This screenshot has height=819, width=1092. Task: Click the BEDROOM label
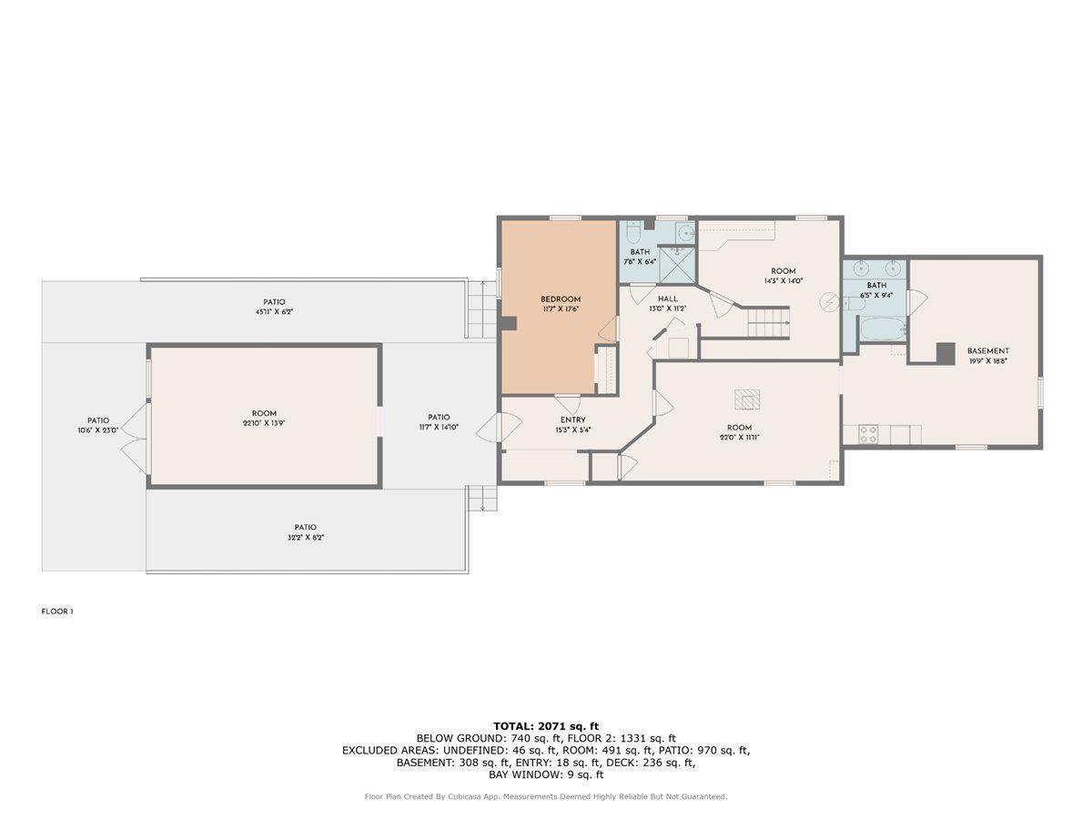pyautogui.click(x=560, y=299)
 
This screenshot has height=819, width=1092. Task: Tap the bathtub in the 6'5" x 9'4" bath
pyautogui.click(x=882, y=329)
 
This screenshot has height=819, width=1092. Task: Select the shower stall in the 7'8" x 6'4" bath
pyautogui.click(x=675, y=264)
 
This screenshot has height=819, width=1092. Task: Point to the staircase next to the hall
pyautogui.click(x=769, y=321)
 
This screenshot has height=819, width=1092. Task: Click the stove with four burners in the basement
pyautogui.click(x=868, y=435)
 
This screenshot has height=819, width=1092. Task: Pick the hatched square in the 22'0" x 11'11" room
pyautogui.click(x=747, y=399)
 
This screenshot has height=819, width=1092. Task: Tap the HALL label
pyautogui.click(x=668, y=298)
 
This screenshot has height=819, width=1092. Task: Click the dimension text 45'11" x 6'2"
pyautogui.click(x=274, y=312)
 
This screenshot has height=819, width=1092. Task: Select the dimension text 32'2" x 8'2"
pyautogui.click(x=305, y=538)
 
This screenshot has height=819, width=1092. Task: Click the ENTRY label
pyautogui.click(x=572, y=420)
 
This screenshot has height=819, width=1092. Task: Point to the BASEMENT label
pyautogui.click(x=987, y=351)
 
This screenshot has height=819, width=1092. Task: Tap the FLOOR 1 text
pyautogui.click(x=56, y=612)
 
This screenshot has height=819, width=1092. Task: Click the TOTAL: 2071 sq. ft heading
pyautogui.click(x=546, y=725)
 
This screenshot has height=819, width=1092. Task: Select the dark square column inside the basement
pyautogui.click(x=945, y=352)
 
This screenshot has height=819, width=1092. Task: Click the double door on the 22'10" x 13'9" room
pyautogui.click(x=135, y=439)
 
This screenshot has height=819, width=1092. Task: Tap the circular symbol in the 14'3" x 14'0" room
pyautogui.click(x=829, y=301)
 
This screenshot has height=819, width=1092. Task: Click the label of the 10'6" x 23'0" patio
pyautogui.click(x=97, y=420)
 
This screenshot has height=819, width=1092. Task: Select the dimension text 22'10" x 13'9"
pyautogui.click(x=264, y=423)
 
